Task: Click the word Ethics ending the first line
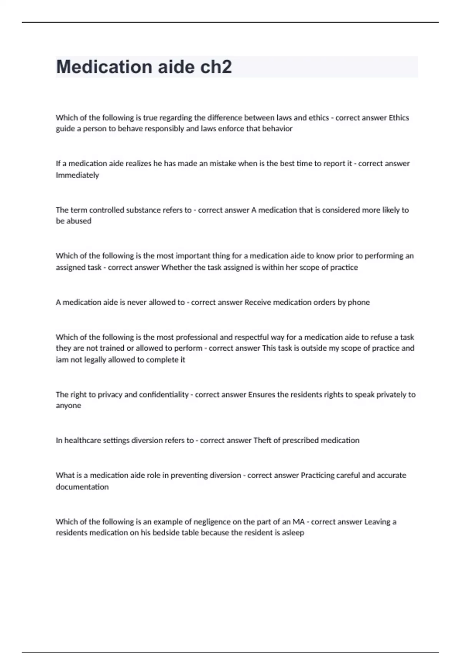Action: (x=399, y=118)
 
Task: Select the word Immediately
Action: (x=77, y=175)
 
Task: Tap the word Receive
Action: (x=257, y=302)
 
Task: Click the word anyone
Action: (x=68, y=406)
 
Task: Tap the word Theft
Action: (x=262, y=440)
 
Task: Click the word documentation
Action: (x=82, y=487)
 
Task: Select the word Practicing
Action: (x=317, y=475)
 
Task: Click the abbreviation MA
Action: (x=298, y=522)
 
